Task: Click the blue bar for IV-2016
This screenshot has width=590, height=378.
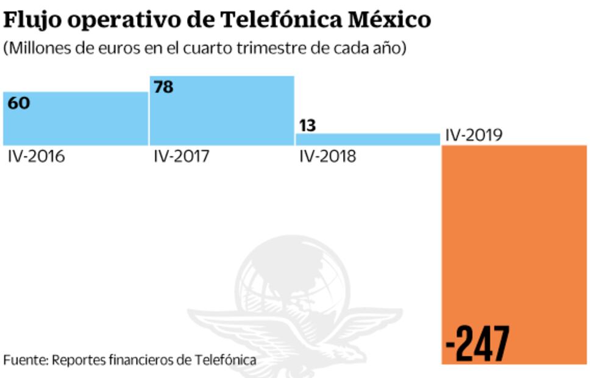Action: pyautogui.click(x=76, y=119)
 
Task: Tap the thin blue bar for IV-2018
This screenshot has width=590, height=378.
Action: pyautogui.click(x=368, y=140)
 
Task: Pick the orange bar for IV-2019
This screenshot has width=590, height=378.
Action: pyautogui.click(x=514, y=244)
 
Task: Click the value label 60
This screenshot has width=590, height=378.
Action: pyautogui.click(x=19, y=103)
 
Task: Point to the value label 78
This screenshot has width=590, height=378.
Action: pyautogui.click(x=163, y=87)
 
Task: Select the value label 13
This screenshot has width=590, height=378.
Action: pyautogui.click(x=307, y=125)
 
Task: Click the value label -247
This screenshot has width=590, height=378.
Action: pyautogui.click(x=477, y=344)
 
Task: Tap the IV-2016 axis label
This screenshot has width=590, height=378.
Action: pyautogui.click(x=37, y=157)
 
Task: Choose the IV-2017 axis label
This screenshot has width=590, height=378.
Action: pyautogui.click(x=182, y=157)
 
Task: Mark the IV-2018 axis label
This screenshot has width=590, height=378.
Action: pyautogui.click(x=328, y=157)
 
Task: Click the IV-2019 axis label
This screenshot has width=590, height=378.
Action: pyautogui.click(x=474, y=135)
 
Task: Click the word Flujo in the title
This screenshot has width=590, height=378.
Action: pyautogui.click(x=32, y=20)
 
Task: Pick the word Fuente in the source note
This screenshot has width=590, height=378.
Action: pyautogui.click(x=24, y=360)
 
